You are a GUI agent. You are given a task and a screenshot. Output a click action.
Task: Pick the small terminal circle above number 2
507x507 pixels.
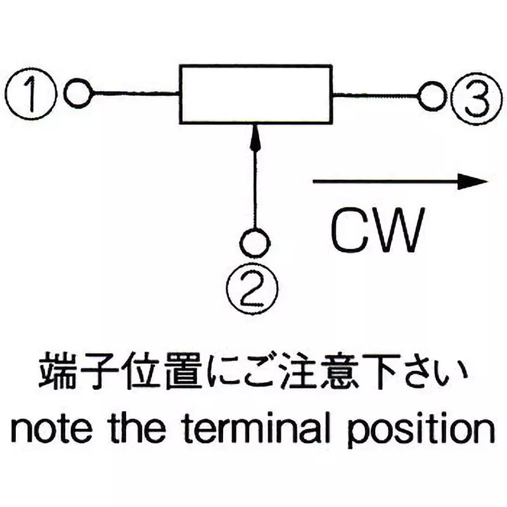click(255, 241)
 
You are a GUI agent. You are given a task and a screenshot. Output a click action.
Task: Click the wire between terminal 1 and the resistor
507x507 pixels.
click(135, 95)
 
